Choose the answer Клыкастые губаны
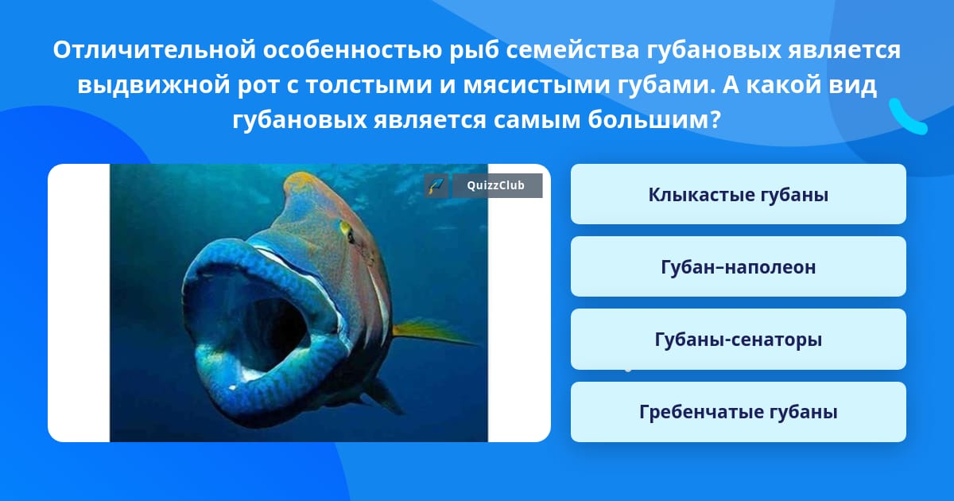738,194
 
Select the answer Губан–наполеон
738,266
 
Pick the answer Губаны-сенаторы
738,339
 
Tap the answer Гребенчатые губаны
738,412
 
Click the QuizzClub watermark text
496,185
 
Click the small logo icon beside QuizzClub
436,186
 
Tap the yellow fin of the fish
430,332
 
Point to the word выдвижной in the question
153,85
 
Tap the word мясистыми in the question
536,85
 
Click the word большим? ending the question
654,120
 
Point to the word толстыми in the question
368,85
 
